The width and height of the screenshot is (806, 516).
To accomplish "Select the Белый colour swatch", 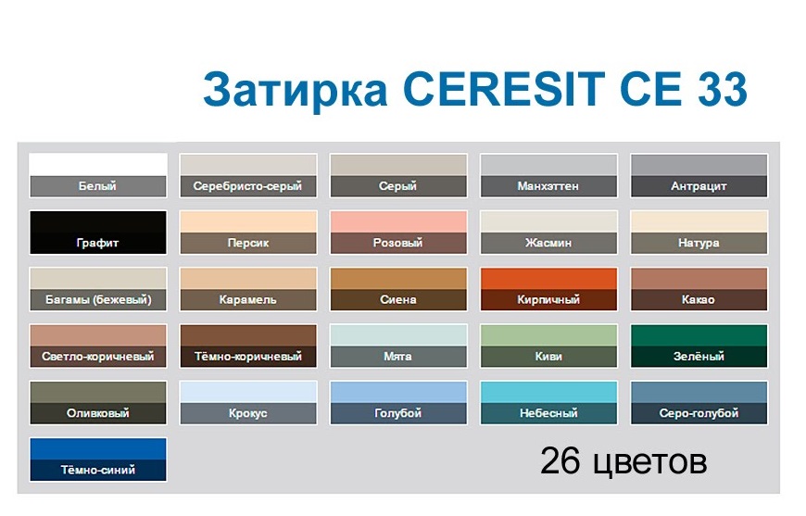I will pyautogui.click(x=98, y=165).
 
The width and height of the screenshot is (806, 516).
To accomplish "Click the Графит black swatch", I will pyautogui.click(x=98, y=222).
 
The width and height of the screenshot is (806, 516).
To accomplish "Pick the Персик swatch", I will pyautogui.click(x=248, y=222).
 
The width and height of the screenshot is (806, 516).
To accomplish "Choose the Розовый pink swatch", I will pyautogui.click(x=398, y=222).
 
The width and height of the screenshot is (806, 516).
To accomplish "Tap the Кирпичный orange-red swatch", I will pyautogui.click(x=548, y=279).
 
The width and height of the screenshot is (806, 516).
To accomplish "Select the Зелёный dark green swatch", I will pyautogui.click(x=699, y=335).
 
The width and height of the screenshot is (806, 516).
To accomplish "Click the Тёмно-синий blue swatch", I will pyautogui.click(x=98, y=449).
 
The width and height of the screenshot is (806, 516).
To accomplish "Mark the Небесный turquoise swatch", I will pyautogui.click(x=548, y=392).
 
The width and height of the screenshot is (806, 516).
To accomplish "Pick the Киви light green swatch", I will pyautogui.click(x=548, y=335).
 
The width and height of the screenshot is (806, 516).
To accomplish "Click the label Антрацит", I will pyautogui.click(x=699, y=186).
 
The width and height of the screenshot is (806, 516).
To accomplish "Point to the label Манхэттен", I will pyautogui.click(x=548, y=186).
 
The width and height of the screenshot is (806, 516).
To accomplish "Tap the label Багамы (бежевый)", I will pyautogui.click(x=98, y=300).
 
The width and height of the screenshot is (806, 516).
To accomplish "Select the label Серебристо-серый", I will pyautogui.click(x=248, y=186).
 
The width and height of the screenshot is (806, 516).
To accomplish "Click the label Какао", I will pyautogui.click(x=699, y=300).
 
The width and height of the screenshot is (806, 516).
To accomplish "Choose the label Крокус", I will pyautogui.click(x=248, y=413).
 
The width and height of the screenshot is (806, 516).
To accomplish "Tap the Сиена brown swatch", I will pyautogui.click(x=398, y=279).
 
